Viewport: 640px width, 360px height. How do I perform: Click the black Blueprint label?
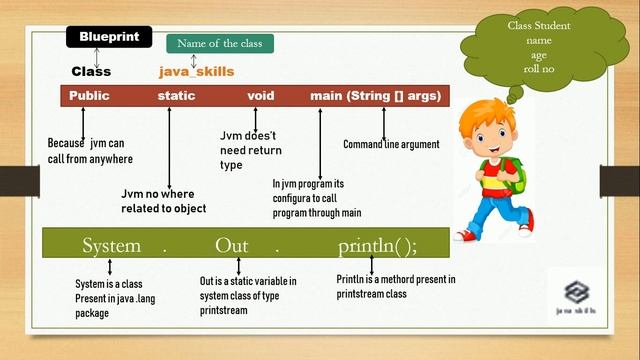tap(108, 37)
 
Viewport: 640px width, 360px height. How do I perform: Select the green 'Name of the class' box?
tap(219, 44)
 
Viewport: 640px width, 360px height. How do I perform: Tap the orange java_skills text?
tap(197, 72)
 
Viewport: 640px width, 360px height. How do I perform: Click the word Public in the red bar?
tap(89, 96)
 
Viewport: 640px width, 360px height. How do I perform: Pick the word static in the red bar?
tap(176, 96)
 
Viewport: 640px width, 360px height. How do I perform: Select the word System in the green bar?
tap(111, 246)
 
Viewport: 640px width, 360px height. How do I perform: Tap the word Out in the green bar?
tap(238, 246)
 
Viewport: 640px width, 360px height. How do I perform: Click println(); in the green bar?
tap(377, 246)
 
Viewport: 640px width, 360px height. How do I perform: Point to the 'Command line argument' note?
tap(391, 145)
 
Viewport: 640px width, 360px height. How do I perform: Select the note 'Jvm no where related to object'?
tap(164, 201)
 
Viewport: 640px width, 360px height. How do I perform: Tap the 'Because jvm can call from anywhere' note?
tap(90, 151)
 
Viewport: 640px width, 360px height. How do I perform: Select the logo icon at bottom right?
tap(577, 292)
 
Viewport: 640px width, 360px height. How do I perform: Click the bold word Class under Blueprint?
tap(91, 72)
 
